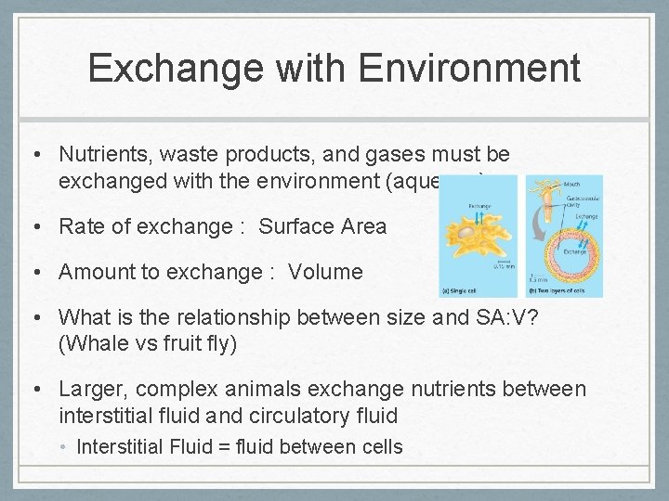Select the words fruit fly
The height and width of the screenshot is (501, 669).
point(204,343)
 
